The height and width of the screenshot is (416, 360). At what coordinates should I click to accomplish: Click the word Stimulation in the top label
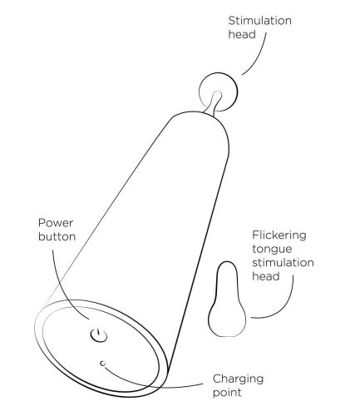coord(259,21)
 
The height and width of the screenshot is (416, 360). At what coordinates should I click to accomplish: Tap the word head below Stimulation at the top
coord(242,35)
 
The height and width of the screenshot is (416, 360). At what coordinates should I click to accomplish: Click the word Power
coord(56,223)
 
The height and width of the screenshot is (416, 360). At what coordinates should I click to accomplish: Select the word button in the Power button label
coord(57,236)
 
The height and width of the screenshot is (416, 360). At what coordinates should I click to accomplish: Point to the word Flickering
coord(279,235)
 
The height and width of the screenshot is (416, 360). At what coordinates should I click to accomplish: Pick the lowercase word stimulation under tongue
coord(283,263)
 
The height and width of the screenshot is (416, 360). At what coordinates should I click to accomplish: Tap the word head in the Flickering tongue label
coord(266,276)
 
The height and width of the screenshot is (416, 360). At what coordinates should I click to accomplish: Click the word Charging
coord(238,379)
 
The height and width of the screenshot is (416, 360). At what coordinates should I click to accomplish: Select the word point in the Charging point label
coord(227,393)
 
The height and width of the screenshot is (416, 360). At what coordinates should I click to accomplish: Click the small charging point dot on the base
coord(103,363)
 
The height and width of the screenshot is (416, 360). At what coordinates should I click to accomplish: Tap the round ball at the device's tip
coord(218,92)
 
